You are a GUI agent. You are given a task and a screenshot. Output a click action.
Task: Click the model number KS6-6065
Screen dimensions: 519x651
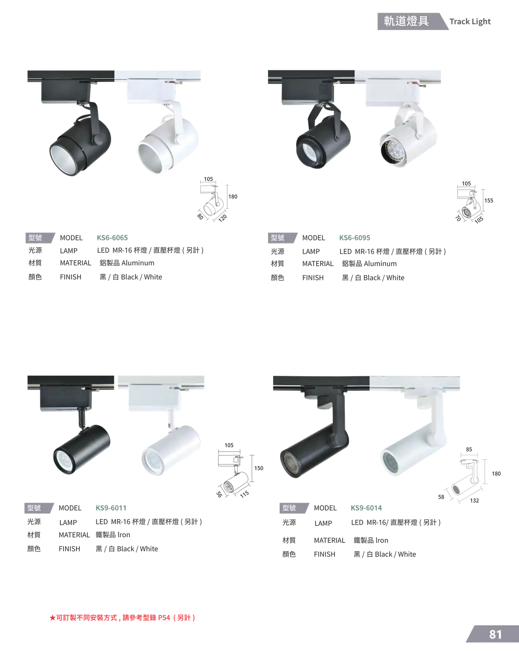point(112,238)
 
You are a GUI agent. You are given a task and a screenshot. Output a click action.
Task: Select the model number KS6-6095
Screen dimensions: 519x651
point(354,238)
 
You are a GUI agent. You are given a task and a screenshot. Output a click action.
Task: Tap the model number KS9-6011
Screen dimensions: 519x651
point(111,508)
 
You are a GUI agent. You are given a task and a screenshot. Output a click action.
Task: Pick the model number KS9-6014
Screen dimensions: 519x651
point(366,508)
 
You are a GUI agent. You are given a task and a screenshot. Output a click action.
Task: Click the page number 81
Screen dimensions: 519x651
point(495,635)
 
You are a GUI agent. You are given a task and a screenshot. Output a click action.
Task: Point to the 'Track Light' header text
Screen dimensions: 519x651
point(470,21)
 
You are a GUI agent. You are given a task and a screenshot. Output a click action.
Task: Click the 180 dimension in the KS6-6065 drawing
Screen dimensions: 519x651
point(233,197)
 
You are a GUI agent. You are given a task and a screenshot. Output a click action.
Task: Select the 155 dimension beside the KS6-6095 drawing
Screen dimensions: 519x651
point(489,201)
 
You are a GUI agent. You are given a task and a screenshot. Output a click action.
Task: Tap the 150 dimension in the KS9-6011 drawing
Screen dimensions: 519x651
point(258,468)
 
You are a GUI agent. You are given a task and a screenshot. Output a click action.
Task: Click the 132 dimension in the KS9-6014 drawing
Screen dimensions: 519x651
point(475,501)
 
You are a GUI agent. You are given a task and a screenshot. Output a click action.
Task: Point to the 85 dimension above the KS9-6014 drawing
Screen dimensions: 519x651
point(469,450)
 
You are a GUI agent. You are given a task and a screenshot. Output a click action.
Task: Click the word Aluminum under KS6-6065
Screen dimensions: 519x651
point(138,263)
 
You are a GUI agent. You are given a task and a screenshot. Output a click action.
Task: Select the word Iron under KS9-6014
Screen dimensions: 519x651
point(382,540)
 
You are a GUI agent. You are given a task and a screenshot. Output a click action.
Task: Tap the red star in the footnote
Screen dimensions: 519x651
point(53,618)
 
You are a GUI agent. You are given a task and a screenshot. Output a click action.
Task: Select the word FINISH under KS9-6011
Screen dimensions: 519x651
point(69,549)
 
